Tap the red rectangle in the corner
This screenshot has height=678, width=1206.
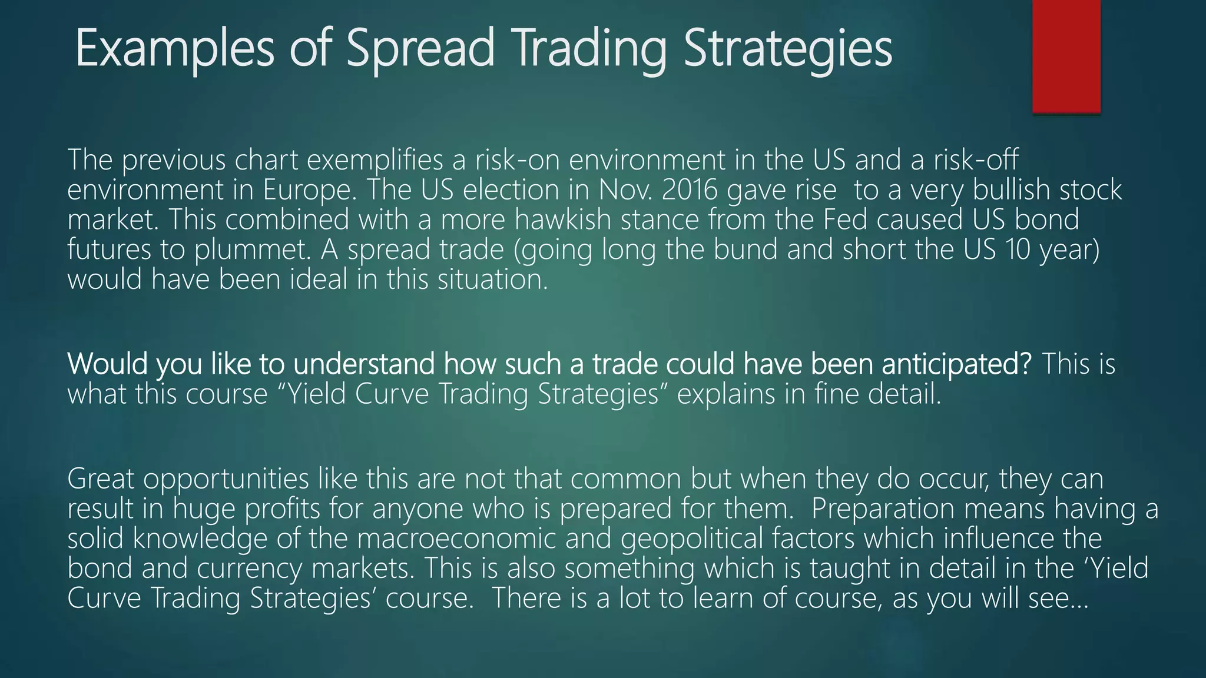(1066, 56)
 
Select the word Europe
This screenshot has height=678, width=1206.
(310, 190)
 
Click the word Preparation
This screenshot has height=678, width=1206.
(883, 509)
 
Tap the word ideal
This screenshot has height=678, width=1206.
(321, 279)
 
